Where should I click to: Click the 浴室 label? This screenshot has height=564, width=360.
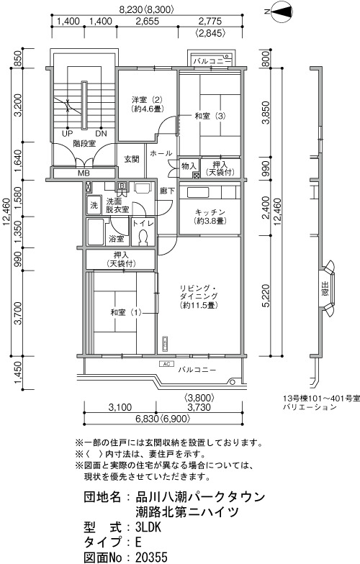117,239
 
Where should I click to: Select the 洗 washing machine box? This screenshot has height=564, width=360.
94,206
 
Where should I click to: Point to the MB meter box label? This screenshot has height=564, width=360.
84,173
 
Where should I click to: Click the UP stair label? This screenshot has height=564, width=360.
68,134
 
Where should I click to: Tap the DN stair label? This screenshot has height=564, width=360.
101,134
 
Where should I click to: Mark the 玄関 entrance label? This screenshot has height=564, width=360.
132,158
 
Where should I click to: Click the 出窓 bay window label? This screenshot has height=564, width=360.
325,289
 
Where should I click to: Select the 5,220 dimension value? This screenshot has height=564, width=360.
266,296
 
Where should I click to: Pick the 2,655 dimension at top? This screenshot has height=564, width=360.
147,22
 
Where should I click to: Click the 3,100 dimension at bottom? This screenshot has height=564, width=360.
120,407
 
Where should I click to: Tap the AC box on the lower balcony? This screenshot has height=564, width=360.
166,364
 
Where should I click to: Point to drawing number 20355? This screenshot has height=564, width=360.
151,557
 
